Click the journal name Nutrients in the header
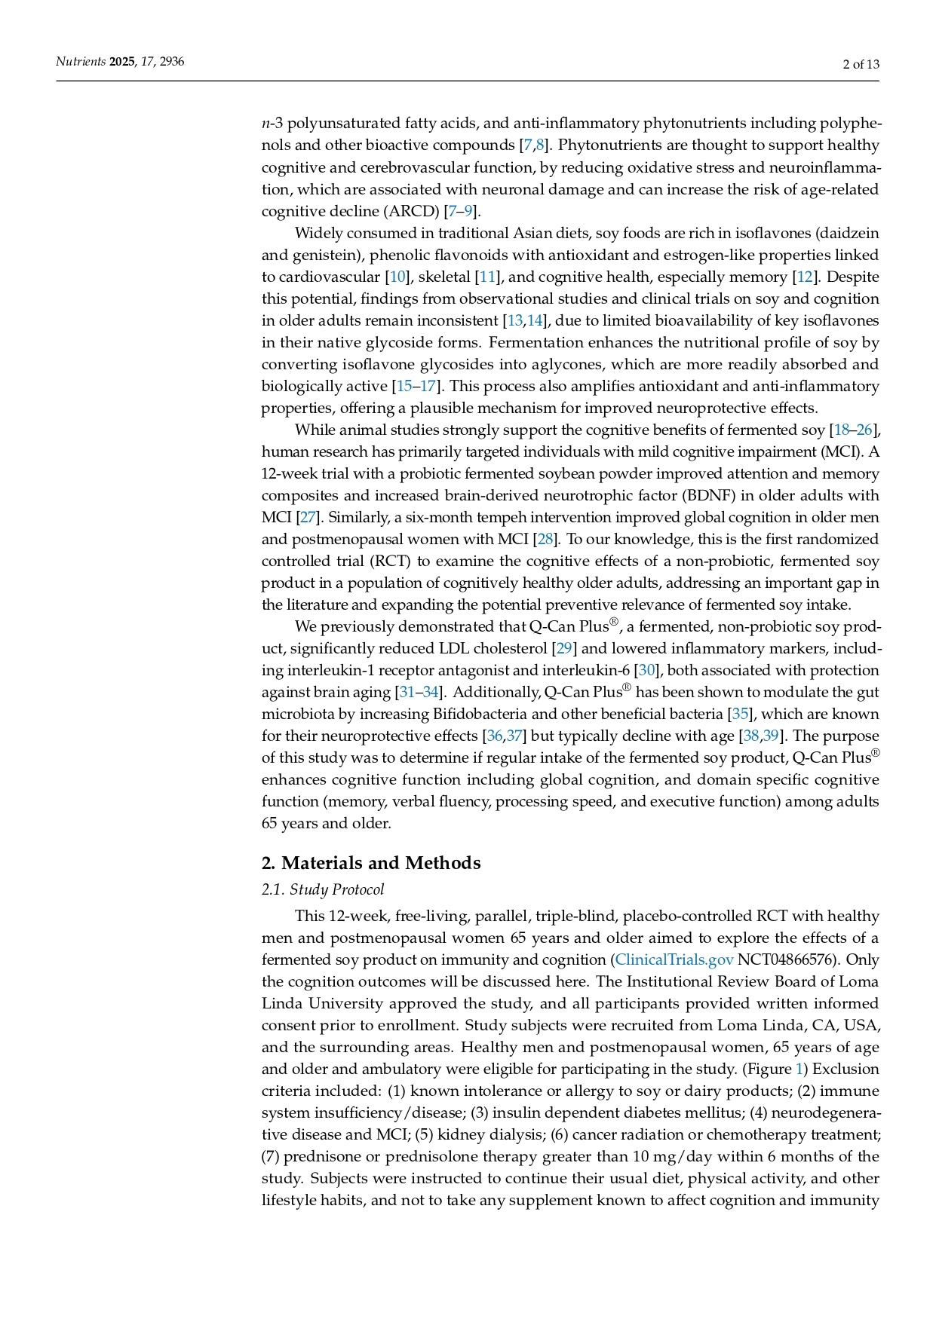81,62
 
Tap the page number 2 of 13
861,64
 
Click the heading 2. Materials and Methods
371,863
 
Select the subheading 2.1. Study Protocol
323,890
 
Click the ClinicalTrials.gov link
674,959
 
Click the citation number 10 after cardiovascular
397,277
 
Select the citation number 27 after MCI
308,517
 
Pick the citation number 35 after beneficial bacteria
739,714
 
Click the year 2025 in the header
121,62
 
